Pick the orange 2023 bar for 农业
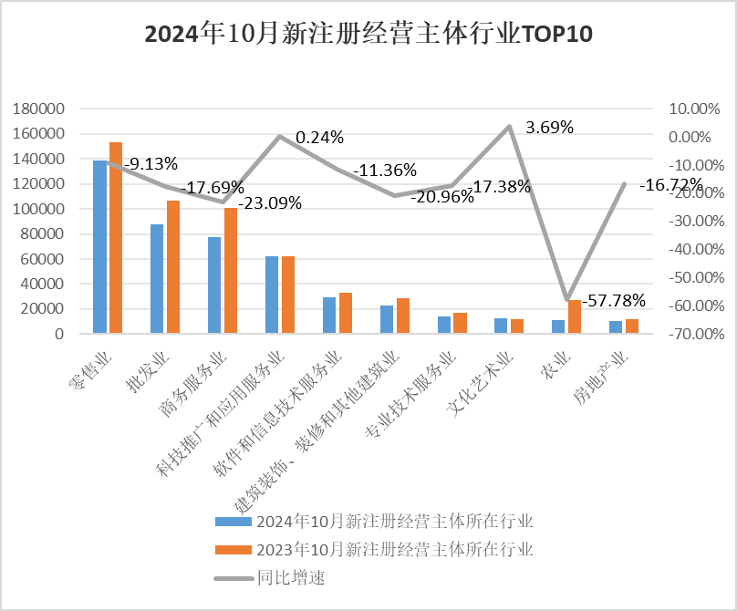575,317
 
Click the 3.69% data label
549,128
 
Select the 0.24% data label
319,138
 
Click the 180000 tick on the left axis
40,109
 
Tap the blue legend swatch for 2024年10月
232,522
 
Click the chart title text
368,35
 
